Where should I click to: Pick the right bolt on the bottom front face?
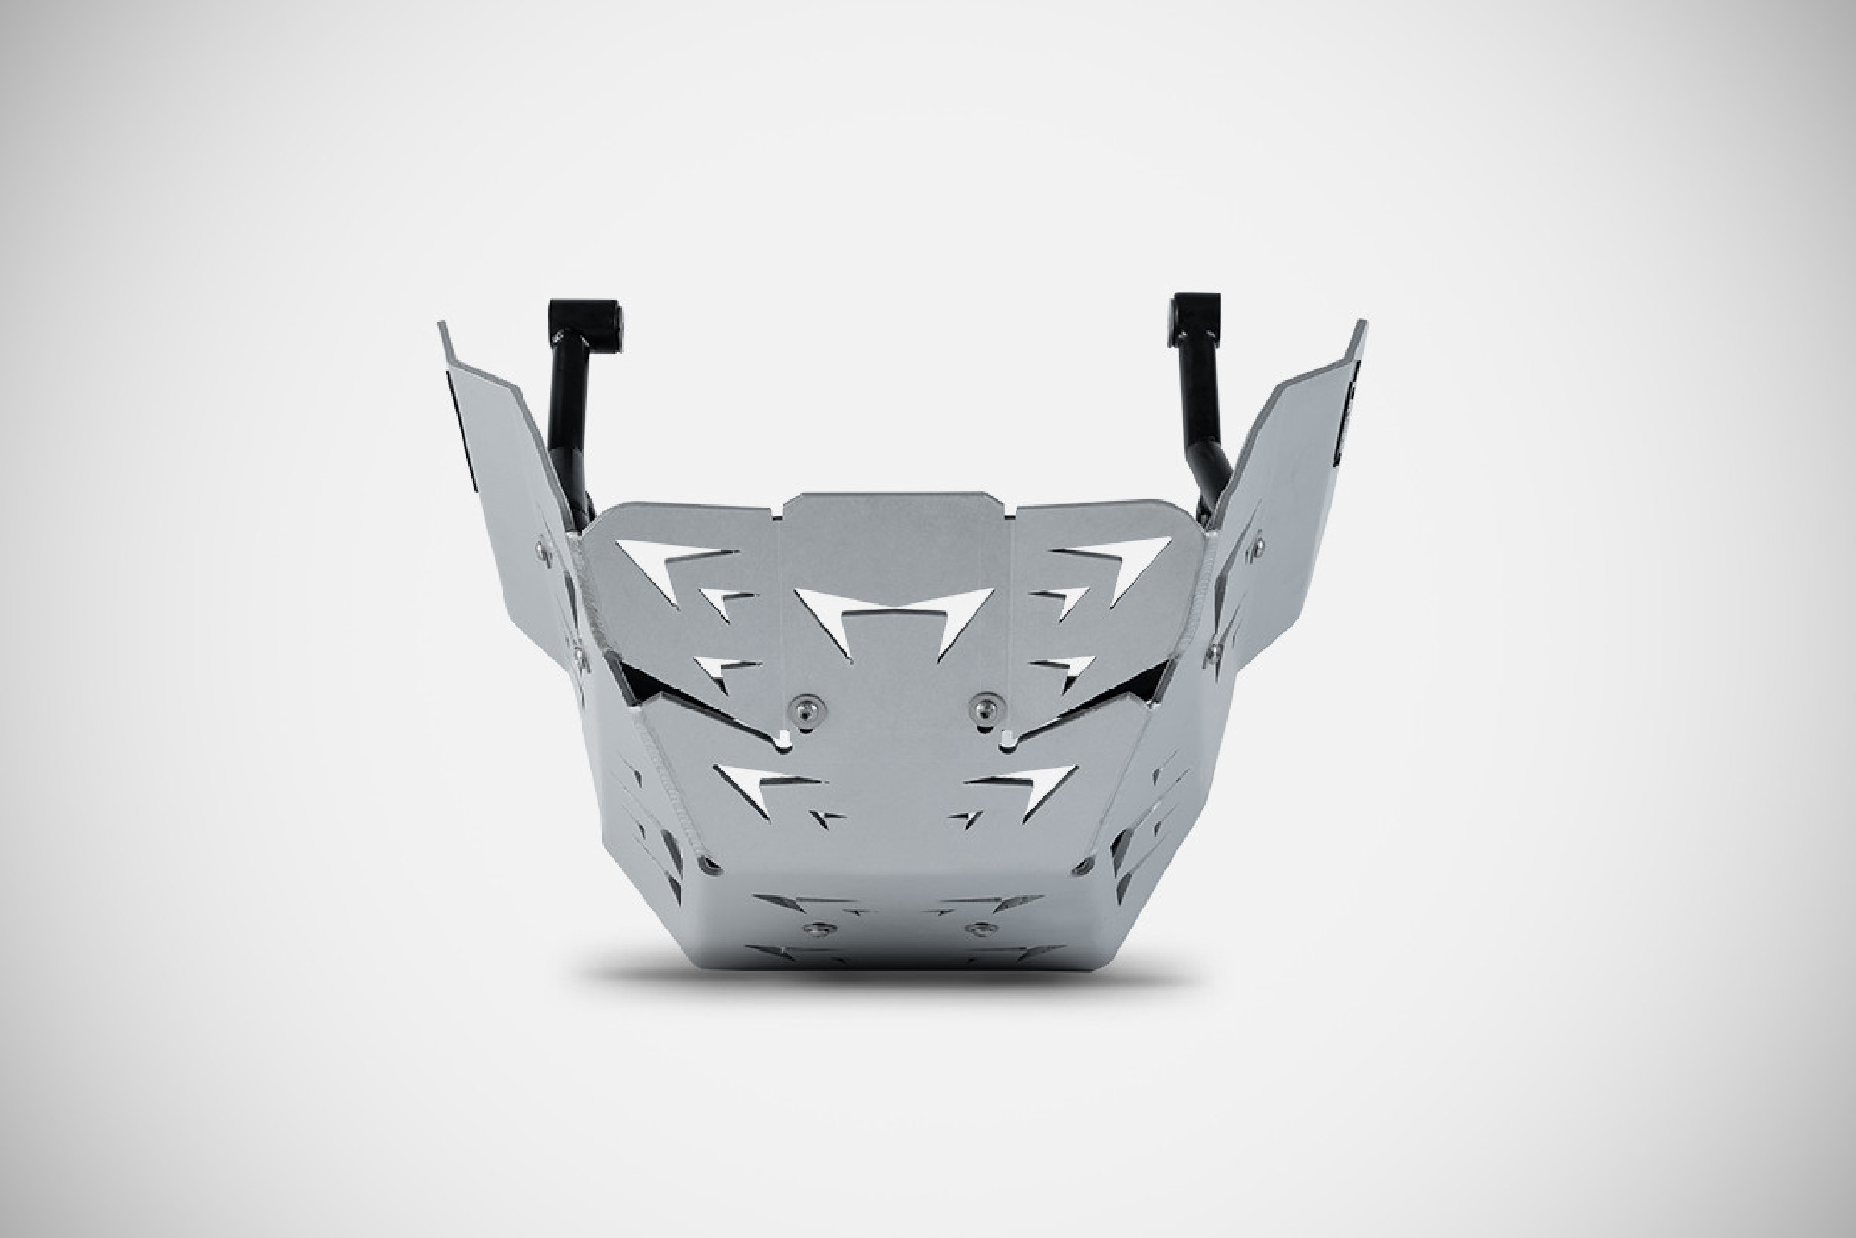point(973,927)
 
